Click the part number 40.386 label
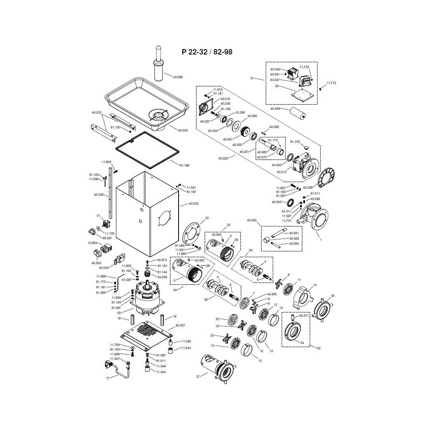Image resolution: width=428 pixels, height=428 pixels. (177, 77)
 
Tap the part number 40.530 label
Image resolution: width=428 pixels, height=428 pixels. (182, 130)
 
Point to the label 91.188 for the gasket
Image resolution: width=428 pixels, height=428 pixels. (184, 165)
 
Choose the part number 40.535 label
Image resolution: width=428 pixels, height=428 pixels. (193, 203)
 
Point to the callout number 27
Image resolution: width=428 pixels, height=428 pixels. (198, 376)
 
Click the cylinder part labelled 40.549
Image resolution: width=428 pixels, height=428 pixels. (299, 115)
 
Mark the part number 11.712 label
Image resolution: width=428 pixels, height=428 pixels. (331, 83)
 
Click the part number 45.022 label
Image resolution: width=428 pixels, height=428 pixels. (223, 159)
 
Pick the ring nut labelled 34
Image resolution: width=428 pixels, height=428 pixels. (296, 333)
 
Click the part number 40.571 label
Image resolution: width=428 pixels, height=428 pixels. (303, 316)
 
